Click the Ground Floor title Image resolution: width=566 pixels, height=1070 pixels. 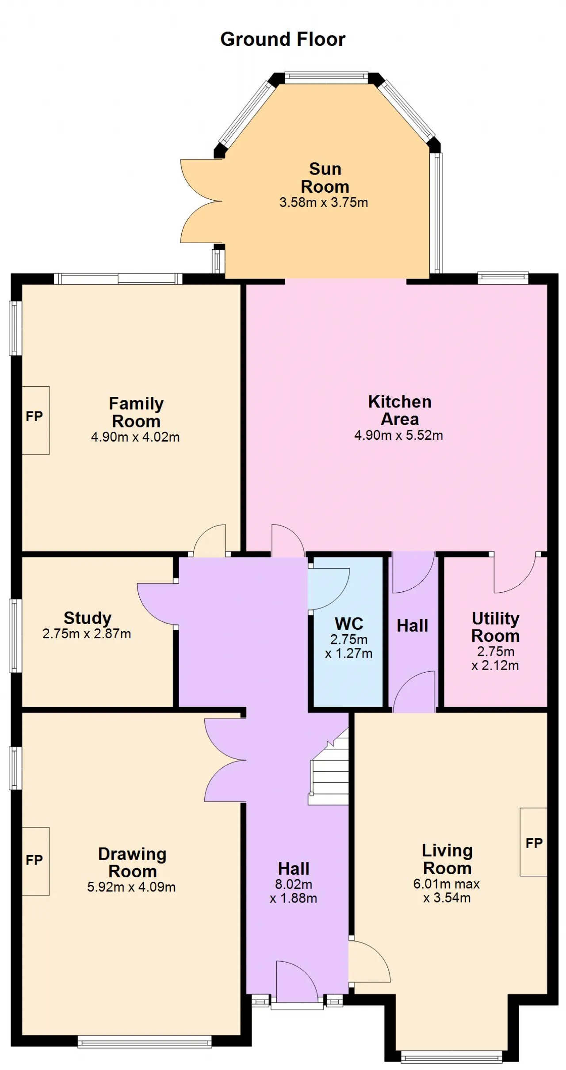[283, 39]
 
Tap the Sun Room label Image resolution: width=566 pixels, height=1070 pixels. [325, 178]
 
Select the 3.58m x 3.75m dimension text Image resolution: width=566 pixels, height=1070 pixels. [324, 202]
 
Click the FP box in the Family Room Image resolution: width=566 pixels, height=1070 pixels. [35, 420]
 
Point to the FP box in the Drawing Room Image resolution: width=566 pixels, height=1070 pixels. [35, 861]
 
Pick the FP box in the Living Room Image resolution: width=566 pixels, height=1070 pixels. [534, 842]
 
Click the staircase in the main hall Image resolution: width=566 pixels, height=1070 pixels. [329, 766]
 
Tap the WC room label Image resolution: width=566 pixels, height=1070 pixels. [349, 624]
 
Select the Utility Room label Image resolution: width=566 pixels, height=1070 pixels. [495, 627]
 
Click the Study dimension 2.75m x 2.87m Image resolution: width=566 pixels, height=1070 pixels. [87, 634]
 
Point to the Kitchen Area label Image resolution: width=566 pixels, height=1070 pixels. [400, 410]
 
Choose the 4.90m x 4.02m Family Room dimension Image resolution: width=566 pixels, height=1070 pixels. [135, 437]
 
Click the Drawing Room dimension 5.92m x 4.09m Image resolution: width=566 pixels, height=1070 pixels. [131, 887]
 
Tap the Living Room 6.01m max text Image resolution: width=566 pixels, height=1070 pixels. [447, 883]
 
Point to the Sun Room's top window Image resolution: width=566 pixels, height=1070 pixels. [326, 77]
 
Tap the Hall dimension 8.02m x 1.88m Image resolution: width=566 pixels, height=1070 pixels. [294, 891]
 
